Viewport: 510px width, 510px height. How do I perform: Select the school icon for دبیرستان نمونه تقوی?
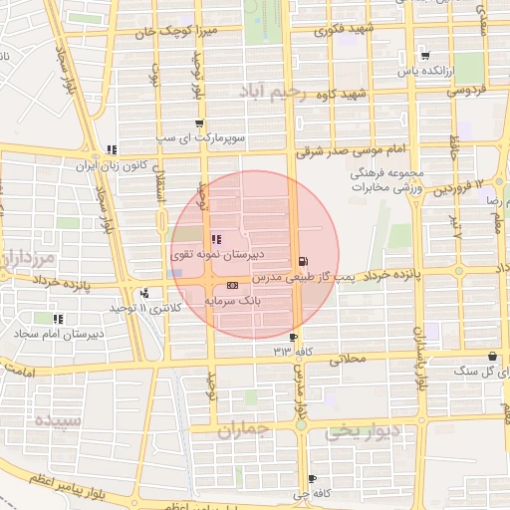(216, 240)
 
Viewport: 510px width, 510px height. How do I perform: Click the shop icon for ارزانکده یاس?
(425, 56)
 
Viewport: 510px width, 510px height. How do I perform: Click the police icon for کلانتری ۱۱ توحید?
(145, 293)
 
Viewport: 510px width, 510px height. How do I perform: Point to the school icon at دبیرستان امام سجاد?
(59, 319)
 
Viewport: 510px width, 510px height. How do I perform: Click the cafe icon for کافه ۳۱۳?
(293, 338)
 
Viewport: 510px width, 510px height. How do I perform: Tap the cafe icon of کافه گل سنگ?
(492, 357)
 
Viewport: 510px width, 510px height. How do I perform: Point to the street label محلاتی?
(349, 358)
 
